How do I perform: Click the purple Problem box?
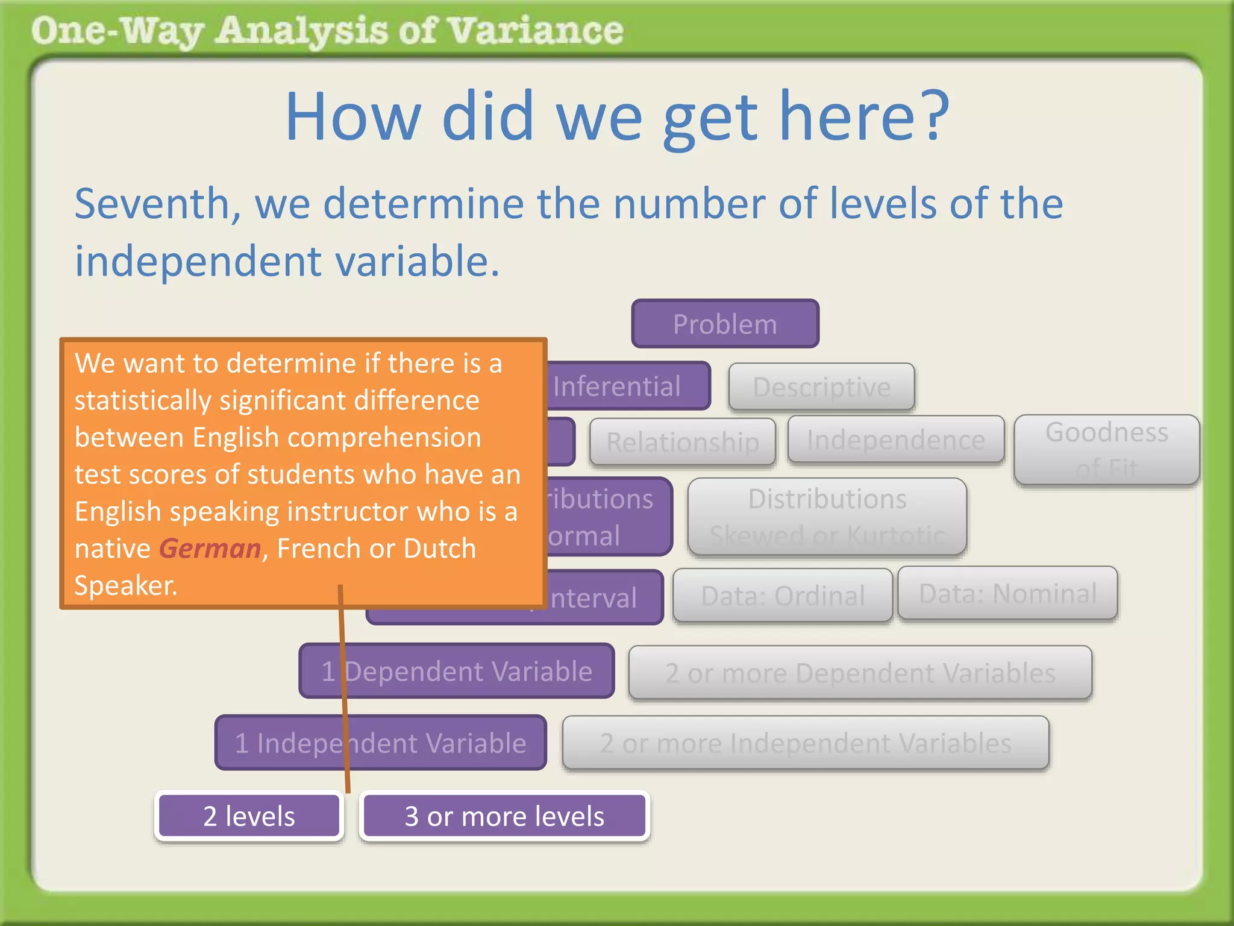725,324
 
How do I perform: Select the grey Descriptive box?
821,386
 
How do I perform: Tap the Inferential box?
627,386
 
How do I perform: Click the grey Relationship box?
682,442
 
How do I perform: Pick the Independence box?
895,439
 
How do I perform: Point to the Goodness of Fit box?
1106,449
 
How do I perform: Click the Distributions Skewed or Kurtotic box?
827,516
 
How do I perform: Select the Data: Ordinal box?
782,595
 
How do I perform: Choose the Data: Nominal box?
1007,593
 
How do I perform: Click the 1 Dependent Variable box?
456,671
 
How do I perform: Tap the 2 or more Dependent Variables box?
860,672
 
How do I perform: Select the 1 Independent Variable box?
380,743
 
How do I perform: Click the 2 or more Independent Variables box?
805,743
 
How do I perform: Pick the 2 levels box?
249,816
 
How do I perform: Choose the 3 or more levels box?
504,816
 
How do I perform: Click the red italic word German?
210,549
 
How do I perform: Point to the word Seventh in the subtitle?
157,204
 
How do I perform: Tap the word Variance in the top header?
535,31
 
